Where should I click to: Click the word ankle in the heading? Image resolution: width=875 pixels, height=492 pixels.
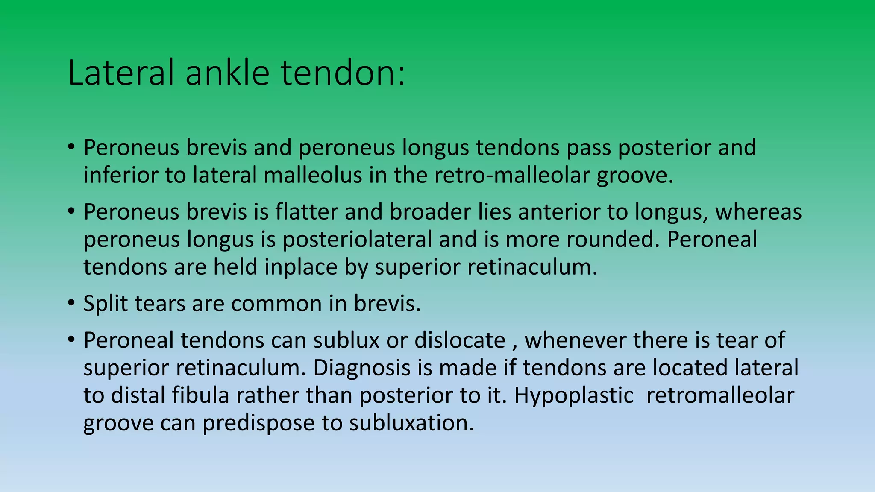pos(227,73)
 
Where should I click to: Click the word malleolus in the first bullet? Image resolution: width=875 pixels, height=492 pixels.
pos(313,175)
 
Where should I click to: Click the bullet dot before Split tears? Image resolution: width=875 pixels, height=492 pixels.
pos(71,303)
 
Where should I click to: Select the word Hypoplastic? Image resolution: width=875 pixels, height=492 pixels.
pos(574,395)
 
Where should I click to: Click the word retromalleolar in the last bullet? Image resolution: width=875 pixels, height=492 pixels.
pos(720,395)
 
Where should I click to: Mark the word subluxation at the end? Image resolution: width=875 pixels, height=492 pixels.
pos(411,423)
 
